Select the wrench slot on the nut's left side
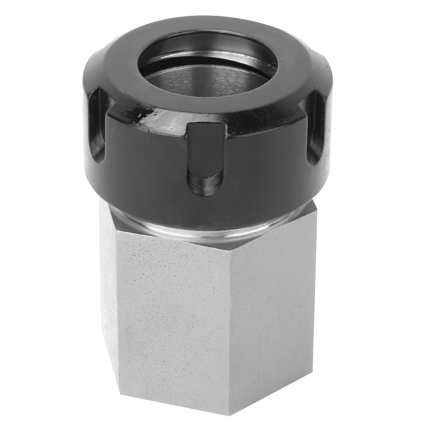point(97,124)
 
